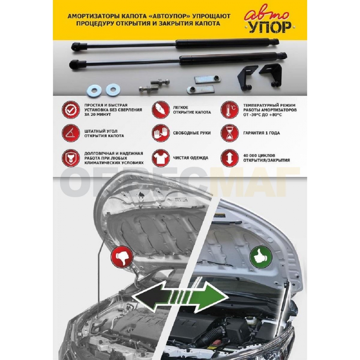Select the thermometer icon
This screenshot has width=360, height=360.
click(x=229, y=110)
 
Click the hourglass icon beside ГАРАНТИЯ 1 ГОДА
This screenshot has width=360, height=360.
click(x=229, y=133)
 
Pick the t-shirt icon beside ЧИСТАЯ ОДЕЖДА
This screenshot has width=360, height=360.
click(x=160, y=158)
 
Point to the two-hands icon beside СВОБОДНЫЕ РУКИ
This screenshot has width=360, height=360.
click(x=160, y=133)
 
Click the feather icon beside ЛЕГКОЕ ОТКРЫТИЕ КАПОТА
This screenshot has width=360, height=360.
click(x=160, y=110)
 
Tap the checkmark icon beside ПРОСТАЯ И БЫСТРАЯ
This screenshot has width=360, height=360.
click(x=71, y=110)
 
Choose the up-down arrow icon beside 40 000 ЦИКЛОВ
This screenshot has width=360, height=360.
click(x=229, y=158)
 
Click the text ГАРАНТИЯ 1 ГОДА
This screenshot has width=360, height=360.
click(x=262, y=133)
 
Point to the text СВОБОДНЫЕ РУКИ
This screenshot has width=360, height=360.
click(x=192, y=133)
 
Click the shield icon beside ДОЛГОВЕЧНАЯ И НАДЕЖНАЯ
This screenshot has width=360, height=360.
click(x=71, y=158)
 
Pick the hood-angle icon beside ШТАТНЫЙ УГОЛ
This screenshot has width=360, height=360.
click(x=71, y=133)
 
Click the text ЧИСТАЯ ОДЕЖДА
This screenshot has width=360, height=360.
click(x=191, y=158)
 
